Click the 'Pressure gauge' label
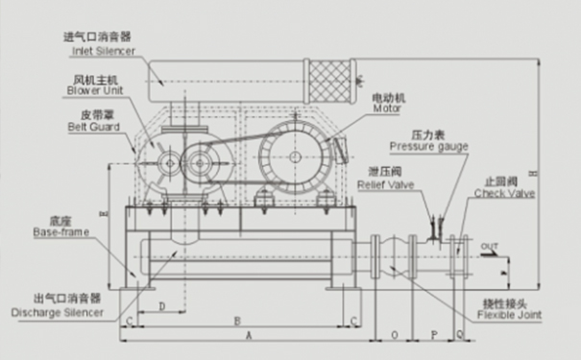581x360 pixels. pyautogui.click(x=428, y=146)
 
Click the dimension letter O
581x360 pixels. pyautogui.click(x=396, y=336)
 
